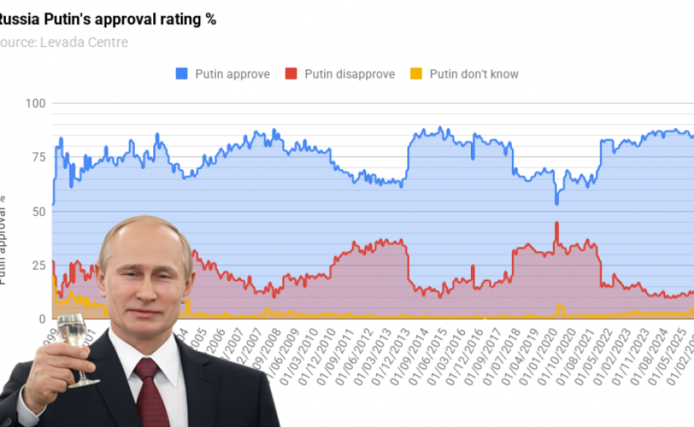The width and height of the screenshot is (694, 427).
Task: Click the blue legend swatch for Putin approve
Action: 182,74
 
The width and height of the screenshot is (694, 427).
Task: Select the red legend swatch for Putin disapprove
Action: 291,74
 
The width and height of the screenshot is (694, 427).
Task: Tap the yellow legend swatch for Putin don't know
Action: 416,74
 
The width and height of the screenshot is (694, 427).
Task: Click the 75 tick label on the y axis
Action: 38,157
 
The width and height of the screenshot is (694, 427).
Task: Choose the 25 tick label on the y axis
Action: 38,266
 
